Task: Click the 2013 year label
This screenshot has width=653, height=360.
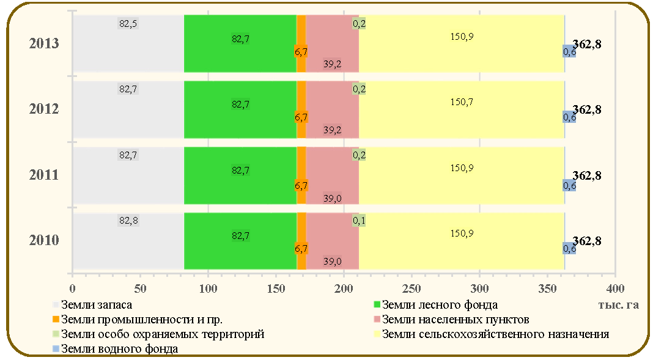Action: pyautogui.click(x=44, y=43)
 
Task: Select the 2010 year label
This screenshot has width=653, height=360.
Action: pyautogui.click(x=44, y=240)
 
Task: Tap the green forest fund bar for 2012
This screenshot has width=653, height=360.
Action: pyautogui.click(x=240, y=109)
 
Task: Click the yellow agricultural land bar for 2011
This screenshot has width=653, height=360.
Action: pyautogui.click(x=462, y=175)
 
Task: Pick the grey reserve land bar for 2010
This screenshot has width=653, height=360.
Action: pyautogui.click(x=128, y=241)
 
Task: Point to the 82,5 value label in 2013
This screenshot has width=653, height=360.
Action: pyautogui.click(x=128, y=24)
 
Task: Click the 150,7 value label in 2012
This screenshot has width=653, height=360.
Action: pyautogui.click(x=462, y=102)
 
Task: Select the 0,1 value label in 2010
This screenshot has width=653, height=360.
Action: pyautogui.click(x=359, y=221)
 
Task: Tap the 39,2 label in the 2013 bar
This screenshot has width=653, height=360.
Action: pyautogui.click(x=332, y=64)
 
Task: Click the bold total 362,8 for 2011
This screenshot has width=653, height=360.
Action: pyautogui.click(x=587, y=175)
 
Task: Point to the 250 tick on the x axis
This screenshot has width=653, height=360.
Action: pyautogui.click(x=411, y=288)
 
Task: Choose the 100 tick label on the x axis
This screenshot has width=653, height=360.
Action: pyautogui.click(x=208, y=288)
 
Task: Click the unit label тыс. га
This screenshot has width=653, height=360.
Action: pyautogui.click(x=618, y=304)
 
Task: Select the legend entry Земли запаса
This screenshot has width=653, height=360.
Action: pyautogui.click(x=92, y=304)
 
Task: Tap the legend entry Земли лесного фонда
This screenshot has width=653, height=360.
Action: pyautogui.click(x=435, y=304)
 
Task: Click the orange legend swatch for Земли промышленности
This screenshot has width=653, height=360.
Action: pyautogui.click(x=56, y=319)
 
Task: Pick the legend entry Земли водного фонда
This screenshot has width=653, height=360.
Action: pyautogui.click(x=116, y=348)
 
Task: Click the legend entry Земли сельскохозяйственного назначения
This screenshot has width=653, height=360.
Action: pyautogui.click(x=492, y=334)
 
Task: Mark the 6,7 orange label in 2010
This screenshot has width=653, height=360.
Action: pyautogui.click(x=301, y=249)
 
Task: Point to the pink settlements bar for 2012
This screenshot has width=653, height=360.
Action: pyautogui.click(x=333, y=109)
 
